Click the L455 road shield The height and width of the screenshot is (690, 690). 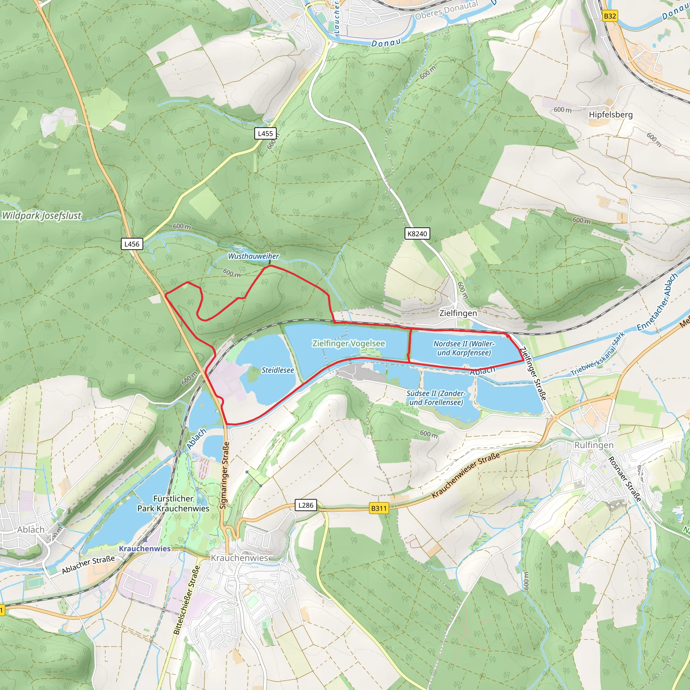pos(265,133)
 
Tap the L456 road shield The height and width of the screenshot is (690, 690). pos(132,244)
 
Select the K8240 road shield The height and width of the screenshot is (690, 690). pos(417,233)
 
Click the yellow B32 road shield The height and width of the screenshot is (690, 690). pos(609,16)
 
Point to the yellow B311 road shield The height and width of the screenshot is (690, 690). pos(379,508)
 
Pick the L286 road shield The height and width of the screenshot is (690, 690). pos(306,505)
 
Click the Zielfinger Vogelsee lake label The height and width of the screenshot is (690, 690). pos(349,343)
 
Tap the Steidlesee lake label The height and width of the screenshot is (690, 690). pos(278,370)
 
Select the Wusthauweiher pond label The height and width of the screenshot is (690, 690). pos(253,256)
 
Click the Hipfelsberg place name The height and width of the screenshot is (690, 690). pos(610,115)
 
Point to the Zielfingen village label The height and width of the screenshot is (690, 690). pos(458,313)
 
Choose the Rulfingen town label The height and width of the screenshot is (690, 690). pos(594,445)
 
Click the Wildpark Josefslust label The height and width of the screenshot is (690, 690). pos(42,216)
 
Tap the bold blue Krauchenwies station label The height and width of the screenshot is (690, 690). pos(145,548)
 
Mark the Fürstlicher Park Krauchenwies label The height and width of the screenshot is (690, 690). pos(173,504)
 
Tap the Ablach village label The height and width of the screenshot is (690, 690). pos(31,530)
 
